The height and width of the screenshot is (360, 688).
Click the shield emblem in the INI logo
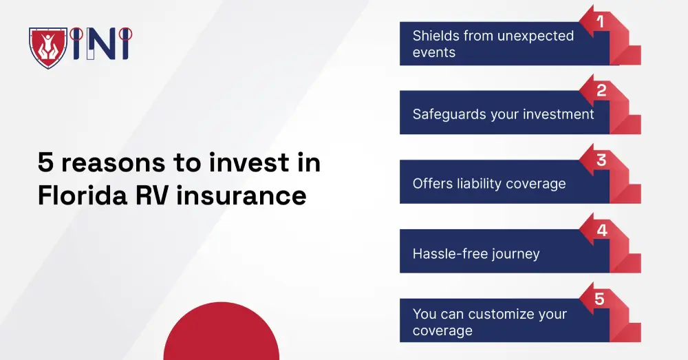pos(47,46)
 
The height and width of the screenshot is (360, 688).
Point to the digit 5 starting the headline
pos(45,163)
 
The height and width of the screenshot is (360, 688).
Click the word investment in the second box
pos(559,114)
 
